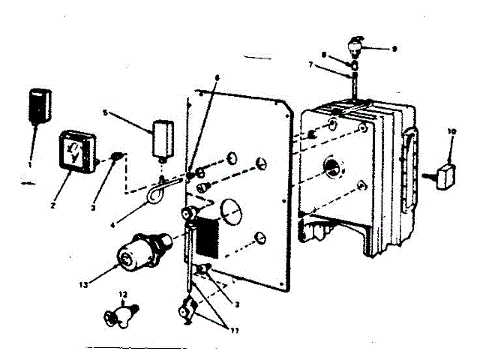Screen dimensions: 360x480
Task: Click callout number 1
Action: tap(30, 163)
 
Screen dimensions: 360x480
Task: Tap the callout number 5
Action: tap(106, 113)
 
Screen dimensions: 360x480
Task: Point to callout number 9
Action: tap(394, 48)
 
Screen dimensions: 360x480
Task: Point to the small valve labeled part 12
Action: tap(120, 313)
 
